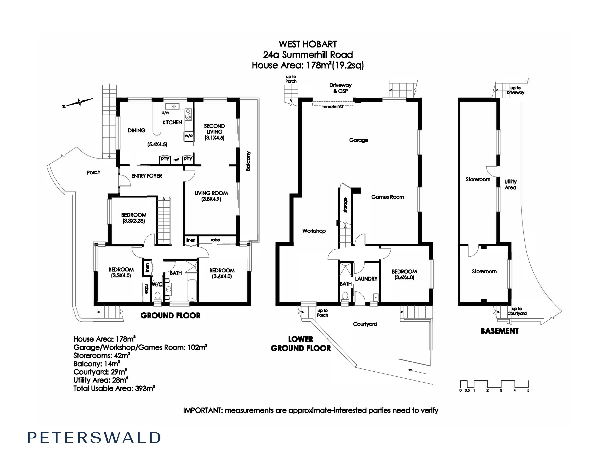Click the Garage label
coord(358,140)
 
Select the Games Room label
coord(387,197)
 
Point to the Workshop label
coord(314,231)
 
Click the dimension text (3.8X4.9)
coord(211,199)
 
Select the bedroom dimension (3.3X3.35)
coord(133,221)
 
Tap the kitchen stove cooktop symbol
coord(189,114)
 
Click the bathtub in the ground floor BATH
coord(192,290)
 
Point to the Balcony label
coord(248,161)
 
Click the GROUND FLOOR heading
coord(170,316)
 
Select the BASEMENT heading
coord(499,331)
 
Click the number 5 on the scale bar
coord(528,390)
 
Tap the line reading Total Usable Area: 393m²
coord(114,388)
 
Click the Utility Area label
coord(510,185)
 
